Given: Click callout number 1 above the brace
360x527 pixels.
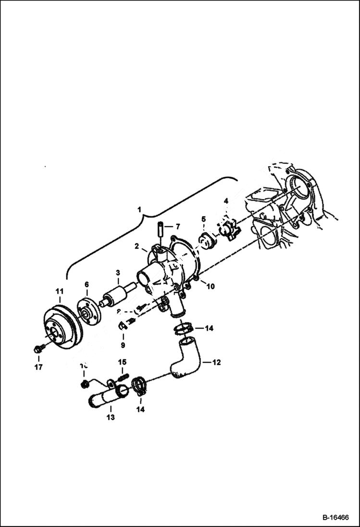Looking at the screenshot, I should click(139, 209).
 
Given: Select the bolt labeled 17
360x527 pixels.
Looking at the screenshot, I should click(38, 350).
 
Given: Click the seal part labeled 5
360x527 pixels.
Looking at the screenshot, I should click(206, 241).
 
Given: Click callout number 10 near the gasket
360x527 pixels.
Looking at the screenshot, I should click(211, 287).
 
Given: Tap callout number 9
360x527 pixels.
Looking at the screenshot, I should click(123, 345).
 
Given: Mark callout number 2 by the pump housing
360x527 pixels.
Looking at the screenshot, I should click(137, 246).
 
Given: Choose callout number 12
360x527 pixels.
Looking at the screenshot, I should click(217, 363).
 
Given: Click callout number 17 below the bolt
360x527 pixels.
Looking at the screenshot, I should click(38, 367).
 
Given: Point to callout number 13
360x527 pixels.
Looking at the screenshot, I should click(111, 417).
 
